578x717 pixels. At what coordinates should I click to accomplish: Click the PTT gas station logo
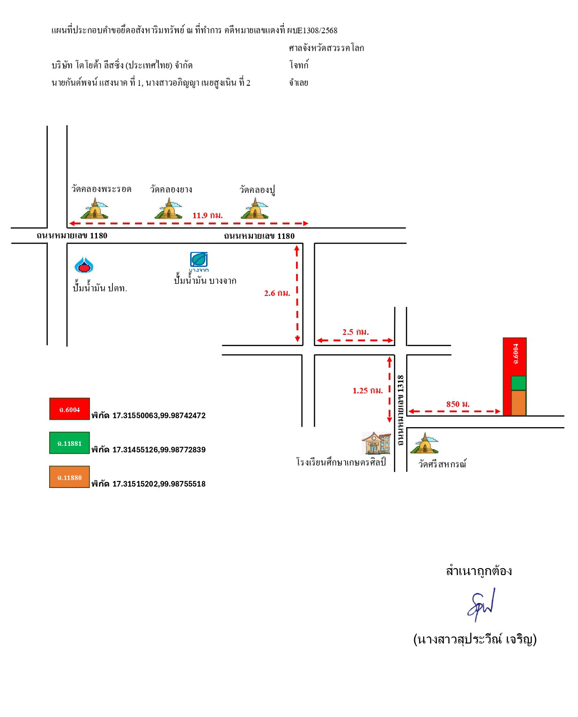pyautogui.click(x=84, y=265)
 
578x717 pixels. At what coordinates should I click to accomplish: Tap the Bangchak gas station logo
pyautogui.click(x=199, y=261)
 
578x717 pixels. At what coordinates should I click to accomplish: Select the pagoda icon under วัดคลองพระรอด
pyautogui.click(x=95, y=208)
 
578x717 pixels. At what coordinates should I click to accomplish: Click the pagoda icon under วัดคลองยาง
pyautogui.click(x=168, y=208)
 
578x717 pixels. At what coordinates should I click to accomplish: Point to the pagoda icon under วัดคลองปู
pyautogui.click(x=255, y=208)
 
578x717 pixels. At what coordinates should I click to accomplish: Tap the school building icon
pyautogui.click(x=376, y=443)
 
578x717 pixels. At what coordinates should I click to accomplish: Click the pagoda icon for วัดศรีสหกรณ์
pyautogui.click(x=424, y=443)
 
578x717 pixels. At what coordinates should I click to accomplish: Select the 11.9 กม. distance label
pyautogui.click(x=207, y=215)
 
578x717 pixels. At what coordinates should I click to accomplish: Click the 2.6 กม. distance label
pyautogui.click(x=277, y=293)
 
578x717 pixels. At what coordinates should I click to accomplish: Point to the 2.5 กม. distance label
pyautogui.click(x=356, y=332)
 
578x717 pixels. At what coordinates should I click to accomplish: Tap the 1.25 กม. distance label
pyautogui.click(x=368, y=391)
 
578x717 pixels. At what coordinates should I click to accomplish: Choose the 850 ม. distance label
pyautogui.click(x=458, y=404)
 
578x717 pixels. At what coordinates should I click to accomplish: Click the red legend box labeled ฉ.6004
pyautogui.click(x=70, y=409)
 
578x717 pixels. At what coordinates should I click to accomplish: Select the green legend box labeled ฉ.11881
pyautogui.click(x=70, y=443)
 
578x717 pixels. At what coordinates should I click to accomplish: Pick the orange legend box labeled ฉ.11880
pyautogui.click(x=70, y=477)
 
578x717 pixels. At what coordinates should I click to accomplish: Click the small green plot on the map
pyautogui.click(x=519, y=383)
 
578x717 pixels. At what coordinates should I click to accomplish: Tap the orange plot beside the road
pyautogui.click(x=519, y=403)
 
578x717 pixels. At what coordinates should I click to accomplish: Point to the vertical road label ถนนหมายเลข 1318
pyautogui.click(x=400, y=410)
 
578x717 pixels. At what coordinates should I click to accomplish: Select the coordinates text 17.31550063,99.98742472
pyautogui.click(x=159, y=415)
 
